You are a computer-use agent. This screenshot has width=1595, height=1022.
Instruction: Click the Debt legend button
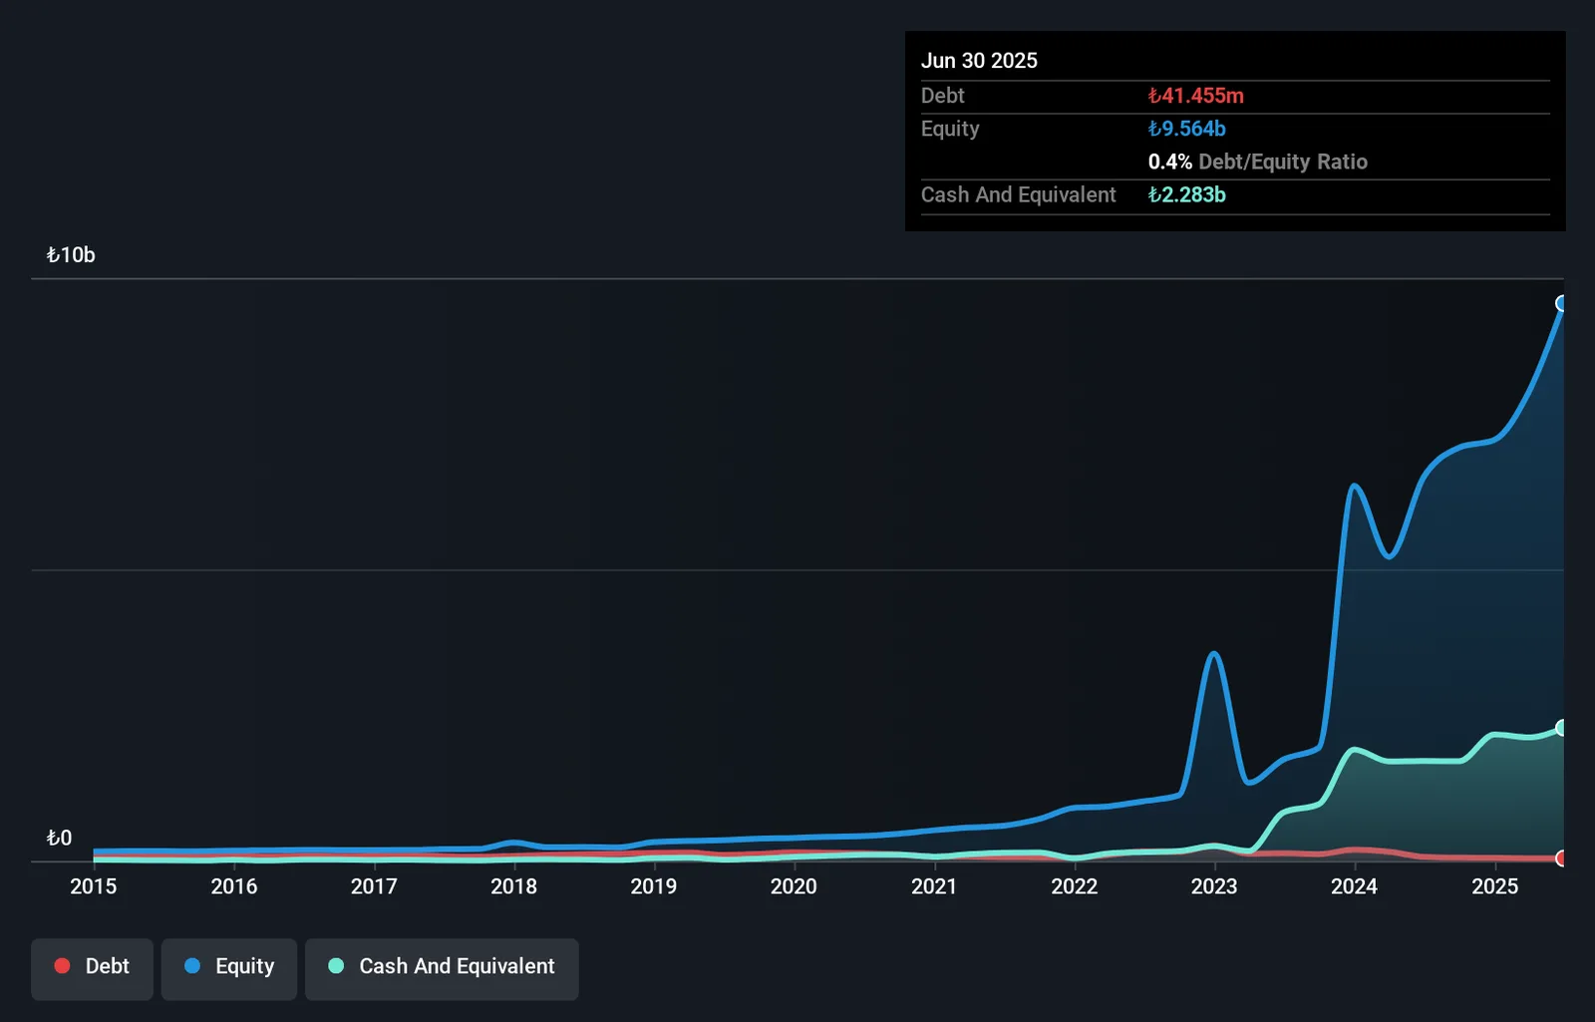pos(92,968)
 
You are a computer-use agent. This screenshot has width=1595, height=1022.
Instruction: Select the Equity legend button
pos(228,968)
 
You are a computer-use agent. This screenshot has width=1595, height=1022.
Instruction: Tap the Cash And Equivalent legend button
pos(442,968)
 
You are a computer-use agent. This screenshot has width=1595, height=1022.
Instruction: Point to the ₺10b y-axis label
pos(71,255)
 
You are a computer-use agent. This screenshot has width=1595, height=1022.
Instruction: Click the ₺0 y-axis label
pos(59,838)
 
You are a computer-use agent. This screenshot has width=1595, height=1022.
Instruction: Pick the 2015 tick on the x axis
pos(94,886)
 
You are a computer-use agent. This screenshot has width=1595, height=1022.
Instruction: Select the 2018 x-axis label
pos(513,886)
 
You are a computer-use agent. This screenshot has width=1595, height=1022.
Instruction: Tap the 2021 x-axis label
pos(934,886)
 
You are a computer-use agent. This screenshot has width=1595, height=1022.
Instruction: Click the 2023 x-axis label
pos(1215,886)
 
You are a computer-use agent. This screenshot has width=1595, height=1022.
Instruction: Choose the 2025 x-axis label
pos(1495,886)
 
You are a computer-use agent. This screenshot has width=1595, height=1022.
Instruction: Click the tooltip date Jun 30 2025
pos(979,61)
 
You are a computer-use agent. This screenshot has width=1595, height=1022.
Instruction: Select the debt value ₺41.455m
pos(1196,96)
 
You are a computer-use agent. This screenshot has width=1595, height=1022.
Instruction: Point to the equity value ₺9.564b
pos(1187,129)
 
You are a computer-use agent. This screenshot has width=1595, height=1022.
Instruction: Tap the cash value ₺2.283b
pos(1187,194)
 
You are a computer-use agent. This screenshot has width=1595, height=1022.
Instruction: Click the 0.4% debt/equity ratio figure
pos(1170,162)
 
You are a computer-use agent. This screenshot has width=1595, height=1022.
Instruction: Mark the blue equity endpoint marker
pos(1560,304)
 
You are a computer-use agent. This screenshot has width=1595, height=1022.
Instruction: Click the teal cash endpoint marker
pos(1560,727)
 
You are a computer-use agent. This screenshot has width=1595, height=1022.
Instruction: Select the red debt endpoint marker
pos(1560,858)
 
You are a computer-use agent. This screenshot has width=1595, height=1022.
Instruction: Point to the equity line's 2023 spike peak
pos(1214,653)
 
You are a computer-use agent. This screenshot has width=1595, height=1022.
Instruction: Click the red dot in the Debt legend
pos(62,966)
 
